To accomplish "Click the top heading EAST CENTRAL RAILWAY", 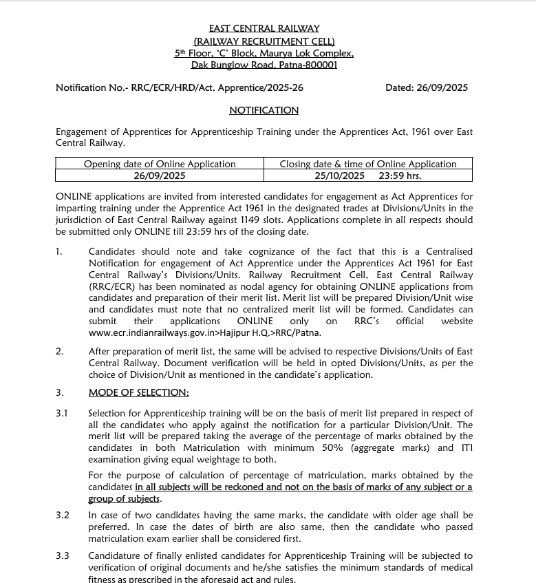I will point(264,28).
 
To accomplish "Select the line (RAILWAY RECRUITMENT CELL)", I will point(264,41).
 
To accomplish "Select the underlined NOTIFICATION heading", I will point(264,110).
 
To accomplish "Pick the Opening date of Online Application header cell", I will point(160,164).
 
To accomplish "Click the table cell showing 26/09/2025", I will point(160,176).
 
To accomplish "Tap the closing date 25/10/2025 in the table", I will point(339,176).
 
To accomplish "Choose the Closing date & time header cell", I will point(368,164).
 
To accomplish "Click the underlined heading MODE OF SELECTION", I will point(138,392).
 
